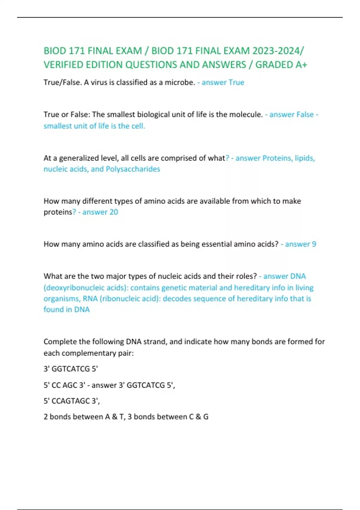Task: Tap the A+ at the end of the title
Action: point(301,65)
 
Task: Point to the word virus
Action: point(99,82)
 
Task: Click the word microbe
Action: point(180,82)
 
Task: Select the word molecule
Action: point(246,115)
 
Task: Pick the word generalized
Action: point(78,158)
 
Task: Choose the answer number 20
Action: point(114,212)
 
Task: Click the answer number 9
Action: point(314,244)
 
